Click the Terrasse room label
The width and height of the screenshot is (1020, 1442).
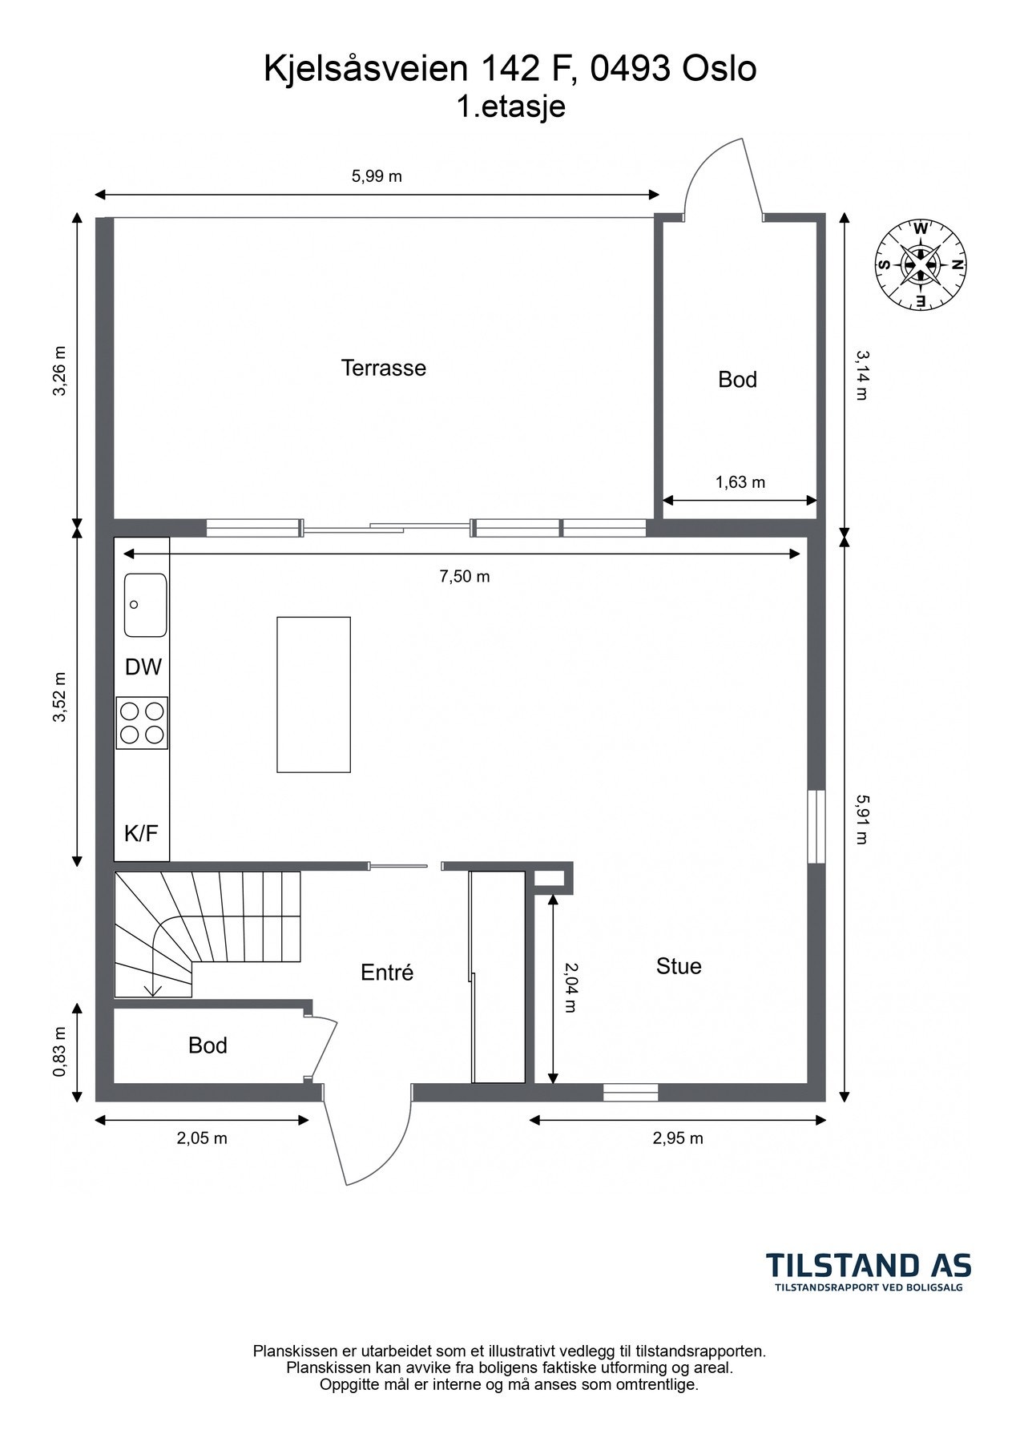(383, 369)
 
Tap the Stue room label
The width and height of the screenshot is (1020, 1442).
(679, 966)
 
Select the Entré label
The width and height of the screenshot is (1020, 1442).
(387, 973)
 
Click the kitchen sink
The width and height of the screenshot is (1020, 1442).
(145, 605)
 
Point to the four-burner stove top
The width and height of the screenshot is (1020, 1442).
(142, 723)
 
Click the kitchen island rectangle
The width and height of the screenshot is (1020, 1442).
(313, 695)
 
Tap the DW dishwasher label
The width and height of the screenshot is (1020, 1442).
(143, 667)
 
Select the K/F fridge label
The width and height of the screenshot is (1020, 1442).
(141, 834)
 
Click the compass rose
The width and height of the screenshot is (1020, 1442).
(921, 265)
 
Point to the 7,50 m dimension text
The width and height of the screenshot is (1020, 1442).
(464, 577)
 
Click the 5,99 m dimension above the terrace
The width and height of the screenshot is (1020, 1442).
(377, 177)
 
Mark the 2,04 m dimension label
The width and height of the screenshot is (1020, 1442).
(570, 987)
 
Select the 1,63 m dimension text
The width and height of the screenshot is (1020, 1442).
(740, 482)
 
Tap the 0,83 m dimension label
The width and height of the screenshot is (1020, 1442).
(58, 1052)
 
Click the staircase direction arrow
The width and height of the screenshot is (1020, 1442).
(152, 990)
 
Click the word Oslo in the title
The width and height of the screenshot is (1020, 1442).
(719, 70)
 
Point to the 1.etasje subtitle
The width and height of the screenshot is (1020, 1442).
(510, 107)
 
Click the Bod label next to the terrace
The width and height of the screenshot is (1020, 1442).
(737, 380)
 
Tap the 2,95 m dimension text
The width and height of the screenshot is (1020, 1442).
(678, 1138)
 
